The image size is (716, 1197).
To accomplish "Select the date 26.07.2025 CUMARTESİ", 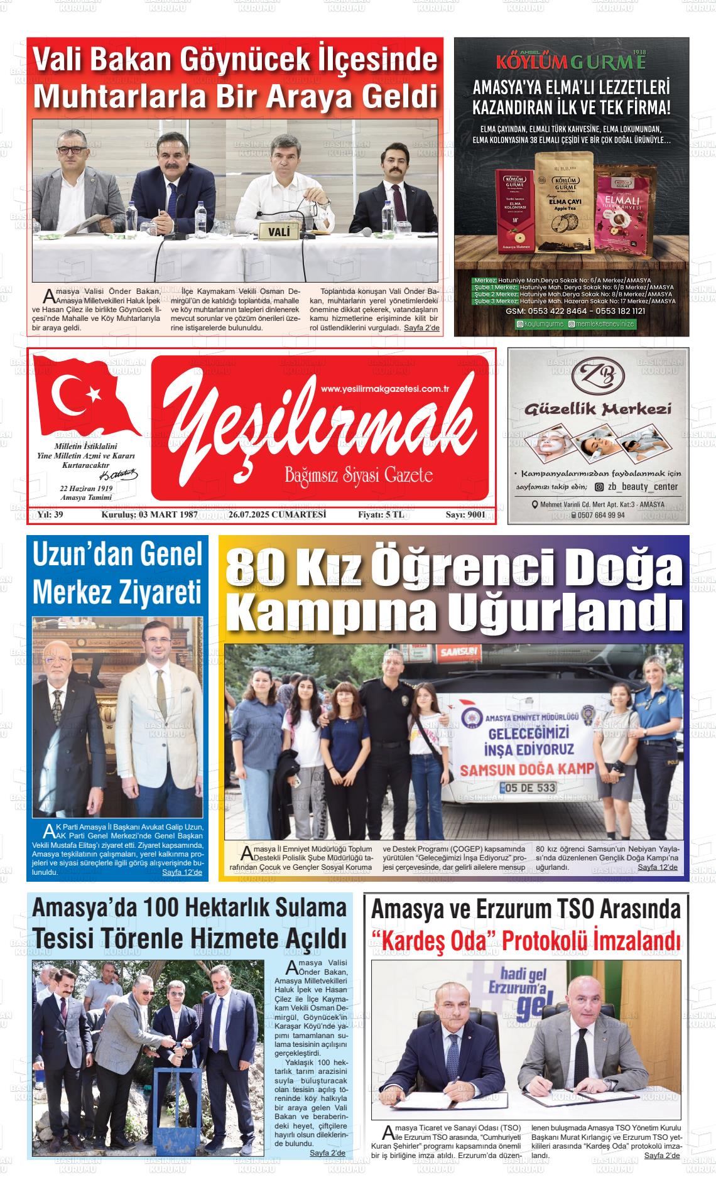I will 277,515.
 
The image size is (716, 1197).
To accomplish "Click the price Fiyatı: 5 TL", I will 381,515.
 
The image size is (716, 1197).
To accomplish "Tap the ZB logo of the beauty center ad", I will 599,375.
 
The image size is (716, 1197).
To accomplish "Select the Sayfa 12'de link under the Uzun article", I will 182,872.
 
